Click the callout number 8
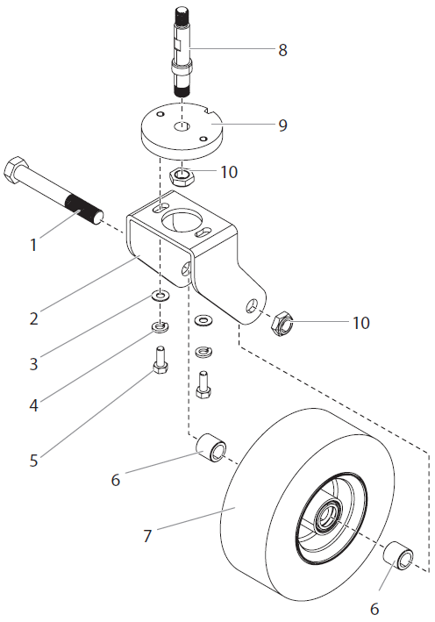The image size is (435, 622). coord(282,50)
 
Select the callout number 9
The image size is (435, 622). coord(282,125)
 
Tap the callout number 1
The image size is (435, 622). coord(33,246)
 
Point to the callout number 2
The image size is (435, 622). coord(33,318)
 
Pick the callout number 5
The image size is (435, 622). coord(33,459)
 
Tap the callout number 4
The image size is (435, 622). coord(33,406)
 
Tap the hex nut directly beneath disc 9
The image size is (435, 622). coord(181,178)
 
